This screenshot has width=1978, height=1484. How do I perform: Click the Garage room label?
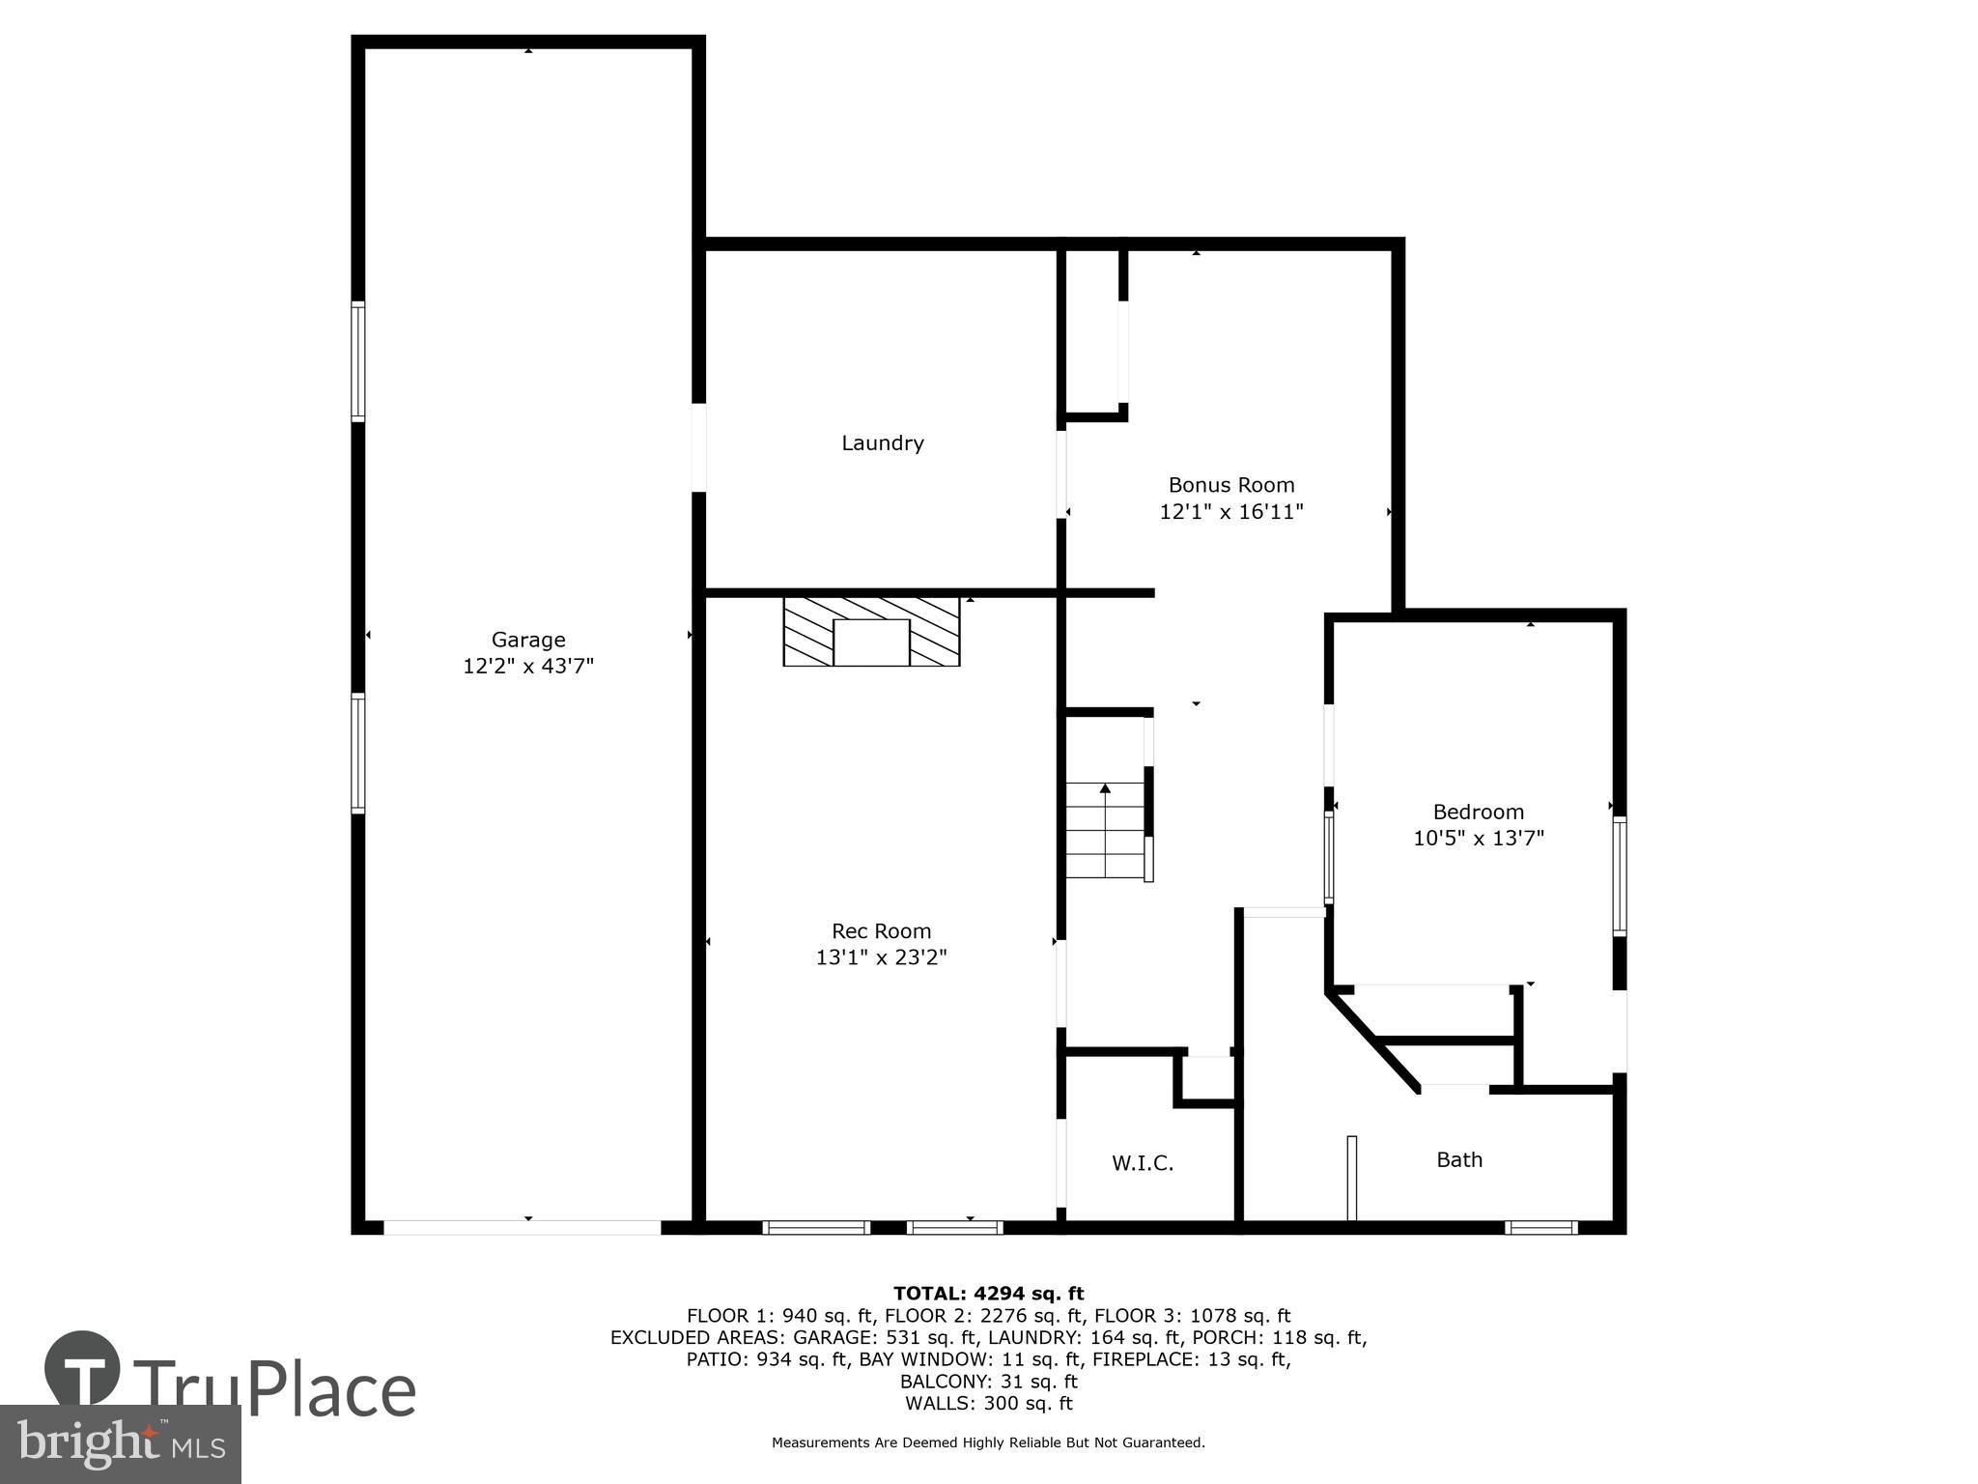[527, 640]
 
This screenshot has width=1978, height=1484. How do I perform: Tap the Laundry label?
[882, 443]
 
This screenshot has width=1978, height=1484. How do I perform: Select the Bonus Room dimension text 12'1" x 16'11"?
[1230, 512]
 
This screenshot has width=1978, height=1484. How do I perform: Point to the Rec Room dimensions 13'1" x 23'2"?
[881, 957]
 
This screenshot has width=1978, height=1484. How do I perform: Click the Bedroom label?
[1478, 813]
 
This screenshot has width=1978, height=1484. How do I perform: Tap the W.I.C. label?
[1142, 1164]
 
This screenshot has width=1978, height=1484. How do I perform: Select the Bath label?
[1458, 1159]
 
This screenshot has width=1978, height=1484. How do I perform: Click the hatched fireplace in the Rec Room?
[871, 631]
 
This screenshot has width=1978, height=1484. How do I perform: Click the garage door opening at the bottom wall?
[523, 1227]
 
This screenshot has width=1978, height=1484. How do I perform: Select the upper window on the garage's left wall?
[357, 361]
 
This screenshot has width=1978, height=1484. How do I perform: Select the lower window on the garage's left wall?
[357, 754]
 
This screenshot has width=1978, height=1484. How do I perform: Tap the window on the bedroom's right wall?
[1620, 876]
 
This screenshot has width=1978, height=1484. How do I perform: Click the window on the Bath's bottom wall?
[1540, 1228]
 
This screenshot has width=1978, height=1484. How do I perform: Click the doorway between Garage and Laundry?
[698, 447]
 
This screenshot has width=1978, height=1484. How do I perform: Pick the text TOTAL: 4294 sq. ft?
[988, 1294]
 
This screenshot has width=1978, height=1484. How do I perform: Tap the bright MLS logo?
[120, 1444]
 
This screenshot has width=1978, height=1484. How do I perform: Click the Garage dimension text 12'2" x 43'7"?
[527, 666]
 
